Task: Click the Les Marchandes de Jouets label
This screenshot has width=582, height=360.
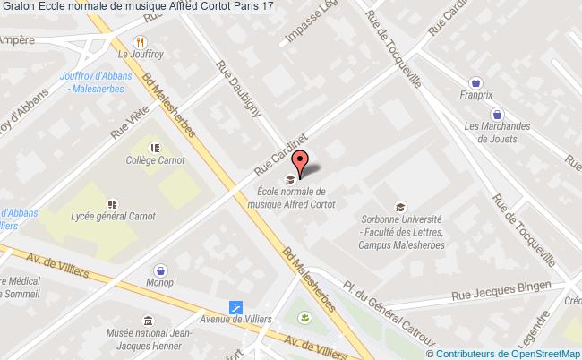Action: pos(497,133)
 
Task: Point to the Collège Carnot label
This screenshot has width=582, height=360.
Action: pos(155,160)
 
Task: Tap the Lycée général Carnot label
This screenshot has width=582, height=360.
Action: pos(111,216)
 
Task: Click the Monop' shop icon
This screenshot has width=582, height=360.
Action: pos(161,269)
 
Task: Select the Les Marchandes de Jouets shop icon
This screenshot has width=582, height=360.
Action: pos(497,114)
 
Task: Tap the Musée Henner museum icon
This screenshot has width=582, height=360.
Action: pos(148,321)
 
